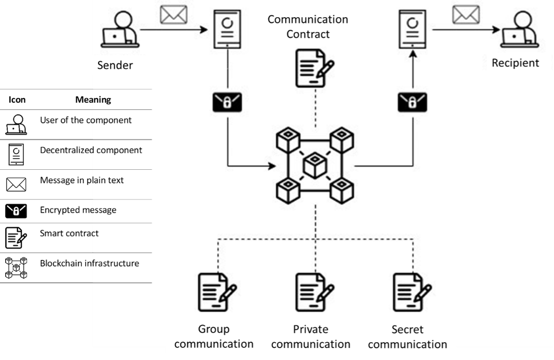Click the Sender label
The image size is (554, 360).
point(115,65)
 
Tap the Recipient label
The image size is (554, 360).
point(515,63)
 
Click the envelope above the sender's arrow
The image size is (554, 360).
point(173,14)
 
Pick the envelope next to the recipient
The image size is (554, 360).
point(466,14)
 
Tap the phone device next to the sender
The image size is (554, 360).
point(228,29)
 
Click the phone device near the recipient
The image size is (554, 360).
point(413,29)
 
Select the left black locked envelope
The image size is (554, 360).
point(227,102)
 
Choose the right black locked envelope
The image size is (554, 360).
point(412,102)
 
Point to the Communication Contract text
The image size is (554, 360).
point(308,27)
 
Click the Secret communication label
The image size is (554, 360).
point(407,337)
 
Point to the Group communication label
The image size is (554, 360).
point(214,337)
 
